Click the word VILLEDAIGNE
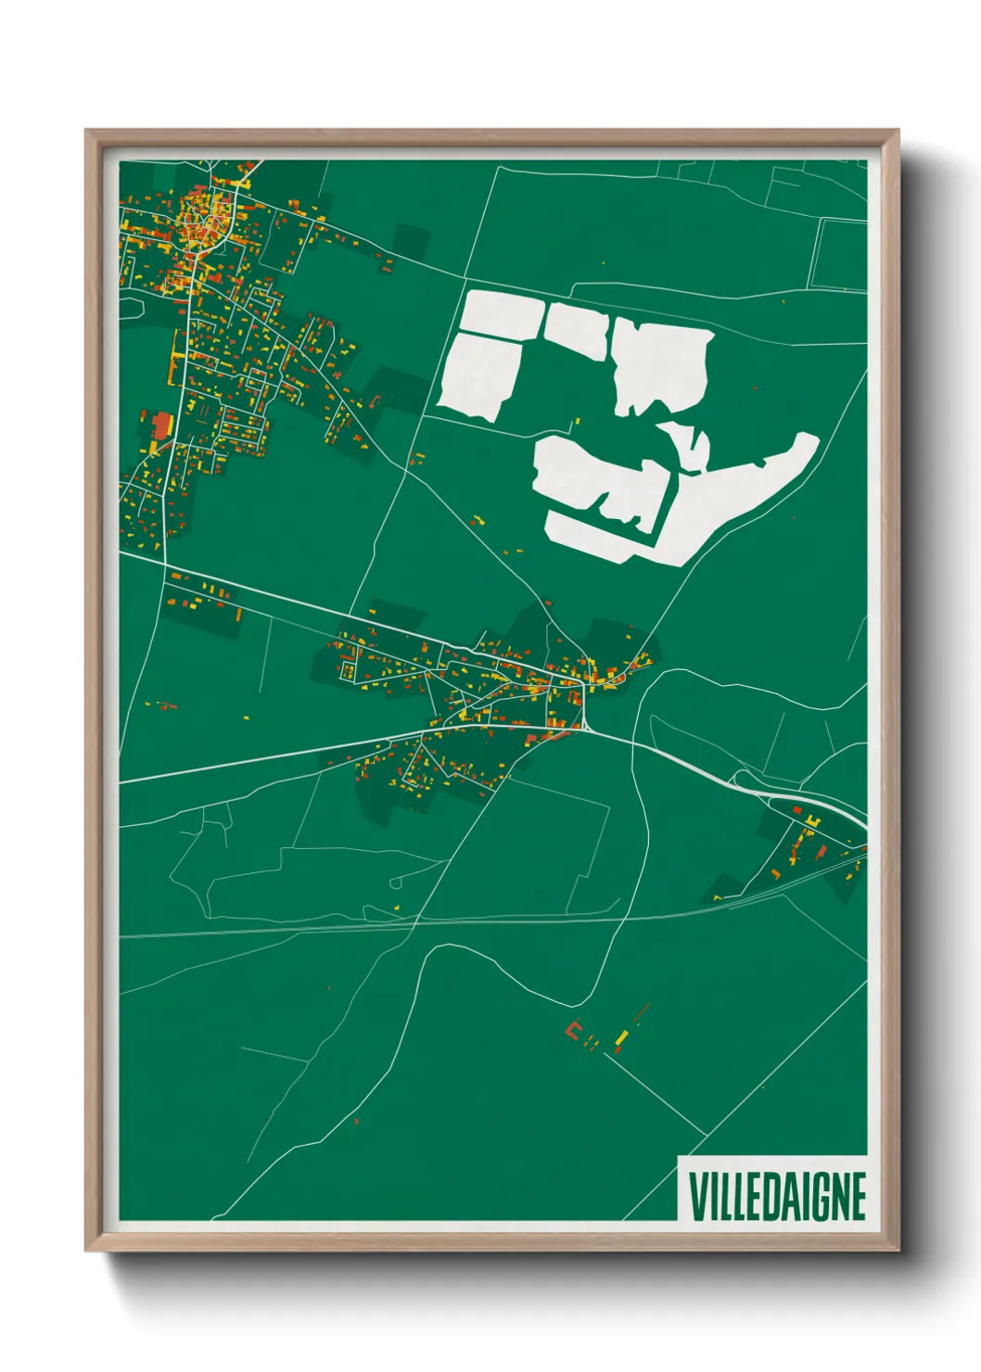[x=777, y=1196]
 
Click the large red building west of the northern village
[x=161, y=426]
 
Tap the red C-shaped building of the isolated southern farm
[x=573, y=1031]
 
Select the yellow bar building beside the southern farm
[x=623, y=1035]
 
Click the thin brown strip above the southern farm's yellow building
[x=643, y=1013]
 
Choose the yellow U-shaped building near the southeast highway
[x=812, y=821]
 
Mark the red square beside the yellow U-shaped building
[x=796, y=811]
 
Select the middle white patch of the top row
[x=577, y=329]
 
